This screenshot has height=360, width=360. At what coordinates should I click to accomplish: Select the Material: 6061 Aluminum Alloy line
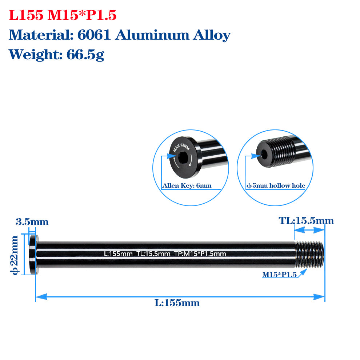click(120, 35)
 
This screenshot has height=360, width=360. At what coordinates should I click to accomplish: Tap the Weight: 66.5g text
click(56, 55)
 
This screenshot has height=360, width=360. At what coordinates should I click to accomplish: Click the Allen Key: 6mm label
click(187, 186)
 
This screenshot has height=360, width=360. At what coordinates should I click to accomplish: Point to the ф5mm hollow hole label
click(276, 186)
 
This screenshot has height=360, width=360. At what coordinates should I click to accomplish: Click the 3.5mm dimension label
click(32, 222)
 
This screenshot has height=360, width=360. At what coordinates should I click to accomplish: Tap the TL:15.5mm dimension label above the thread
click(306, 221)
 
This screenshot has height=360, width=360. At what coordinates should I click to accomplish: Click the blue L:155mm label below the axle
click(177, 303)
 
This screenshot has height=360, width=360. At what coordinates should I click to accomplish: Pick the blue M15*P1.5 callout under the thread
click(279, 275)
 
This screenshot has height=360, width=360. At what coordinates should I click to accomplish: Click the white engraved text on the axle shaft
click(165, 254)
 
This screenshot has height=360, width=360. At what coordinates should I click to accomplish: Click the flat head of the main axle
click(33, 255)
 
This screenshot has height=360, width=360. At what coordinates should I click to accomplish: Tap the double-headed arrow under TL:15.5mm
click(309, 230)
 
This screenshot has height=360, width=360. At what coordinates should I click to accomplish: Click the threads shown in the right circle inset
click(281, 151)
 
